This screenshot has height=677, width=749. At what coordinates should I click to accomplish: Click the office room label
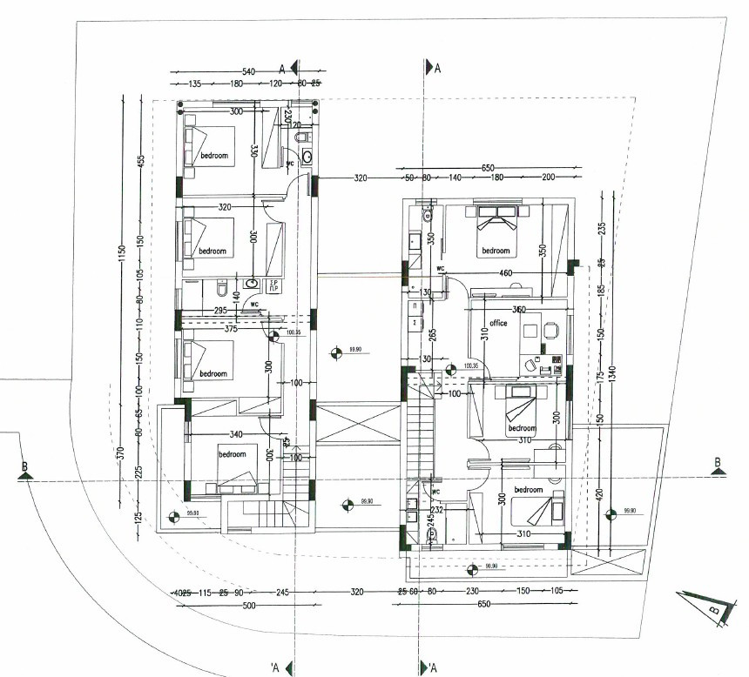pyautogui.click(x=498, y=324)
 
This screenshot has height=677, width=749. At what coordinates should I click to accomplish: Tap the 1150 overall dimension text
pyautogui.click(x=124, y=253)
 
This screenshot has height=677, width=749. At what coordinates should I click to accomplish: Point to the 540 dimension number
pyautogui.click(x=248, y=70)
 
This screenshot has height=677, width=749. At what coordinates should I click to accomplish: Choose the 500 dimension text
pyautogui.click(x=249, y=606)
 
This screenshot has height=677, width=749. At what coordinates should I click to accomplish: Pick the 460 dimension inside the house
pyautogui.click(x=505, y=273)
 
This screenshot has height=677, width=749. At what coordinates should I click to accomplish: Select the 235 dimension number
pyautogui.click(x=600, y=229)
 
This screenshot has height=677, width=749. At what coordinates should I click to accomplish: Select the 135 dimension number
pyautogui.click(x=195, y=84)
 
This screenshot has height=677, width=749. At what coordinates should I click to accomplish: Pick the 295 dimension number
pyautogui.click(x=219, y=311)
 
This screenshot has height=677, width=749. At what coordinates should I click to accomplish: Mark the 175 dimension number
pyautogui.click(x=600, y=376)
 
